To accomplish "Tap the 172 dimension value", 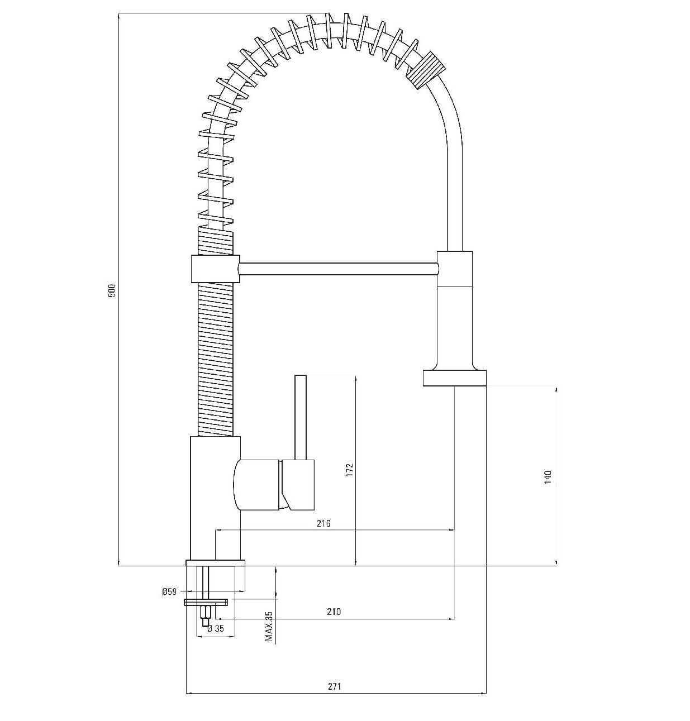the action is click(x=349, y=470).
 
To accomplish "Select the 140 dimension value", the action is click(x=548, y=477).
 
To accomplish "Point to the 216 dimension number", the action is click(x=323, y=523).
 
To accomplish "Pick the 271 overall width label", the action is click(x=334, y=686).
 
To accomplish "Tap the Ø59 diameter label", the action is click(x=169, y=591).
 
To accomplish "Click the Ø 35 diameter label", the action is click(x=216, y=628).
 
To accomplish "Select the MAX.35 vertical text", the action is click(x=269, y=626).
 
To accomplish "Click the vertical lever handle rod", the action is click(x=301, y=418).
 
